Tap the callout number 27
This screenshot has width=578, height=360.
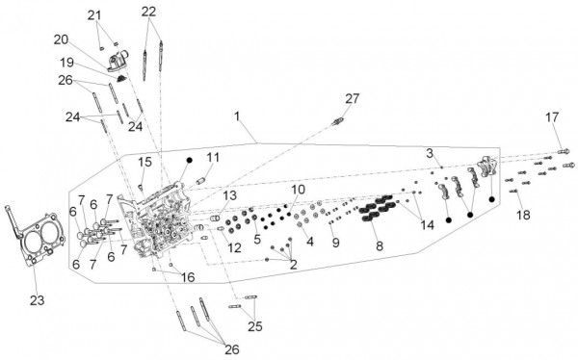[x=352, y=99]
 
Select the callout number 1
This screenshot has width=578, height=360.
[x=237, y=116]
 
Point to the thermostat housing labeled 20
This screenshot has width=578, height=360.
[x=118, y=61]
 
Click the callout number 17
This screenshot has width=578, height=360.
[x=552, y=117]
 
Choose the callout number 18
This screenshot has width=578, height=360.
[x=523, y=215]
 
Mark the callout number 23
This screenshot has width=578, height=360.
[x=37, y=300]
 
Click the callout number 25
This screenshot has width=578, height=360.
[x=254, y=326]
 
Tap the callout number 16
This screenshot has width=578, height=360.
[x=188, y=277]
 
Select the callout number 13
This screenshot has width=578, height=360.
[x=229, y=195]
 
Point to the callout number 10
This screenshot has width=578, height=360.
[x=299, y=190]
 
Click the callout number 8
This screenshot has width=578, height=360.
[x=380, y=245]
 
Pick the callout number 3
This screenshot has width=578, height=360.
[x=430, y=153]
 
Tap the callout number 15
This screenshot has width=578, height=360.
[x=145, y=162]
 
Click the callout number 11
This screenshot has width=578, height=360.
[x=213, y=157]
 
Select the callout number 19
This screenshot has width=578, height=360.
[x=66, y=63]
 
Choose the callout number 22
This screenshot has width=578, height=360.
[x=148, y=12]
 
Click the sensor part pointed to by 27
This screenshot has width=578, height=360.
[x=338, y=120]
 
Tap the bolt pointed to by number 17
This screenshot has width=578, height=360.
[x=564, y=151]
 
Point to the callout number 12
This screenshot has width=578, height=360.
[x=234, y=247]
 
